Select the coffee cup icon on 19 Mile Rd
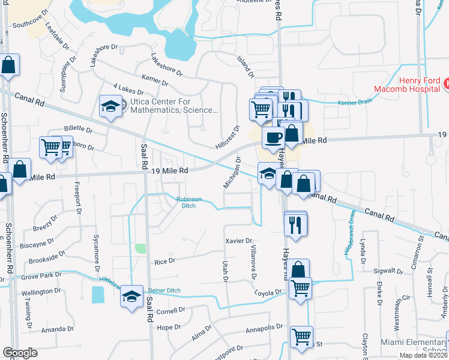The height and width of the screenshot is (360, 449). [273, 138]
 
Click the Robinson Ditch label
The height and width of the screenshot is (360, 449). [188, 203]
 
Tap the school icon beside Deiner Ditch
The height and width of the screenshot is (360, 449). [131, 296]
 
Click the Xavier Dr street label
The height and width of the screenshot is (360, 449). [238, 241]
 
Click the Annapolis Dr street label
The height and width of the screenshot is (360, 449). [264, 329]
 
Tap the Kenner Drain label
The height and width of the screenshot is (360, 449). [355, 101]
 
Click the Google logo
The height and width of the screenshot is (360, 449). [20, 353]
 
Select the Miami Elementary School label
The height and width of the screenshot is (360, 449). [414, 347]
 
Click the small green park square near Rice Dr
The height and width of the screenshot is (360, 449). [140, 248]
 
